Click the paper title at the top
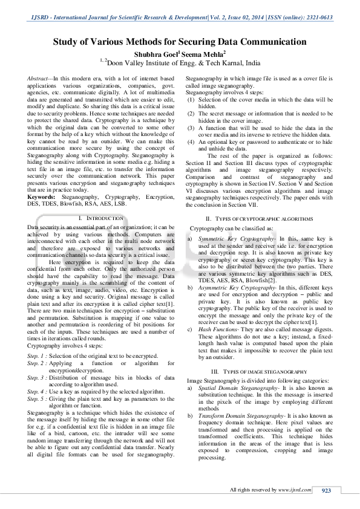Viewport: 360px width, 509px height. [x=180, y=42]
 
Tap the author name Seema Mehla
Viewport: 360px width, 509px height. [x=200, y=53]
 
